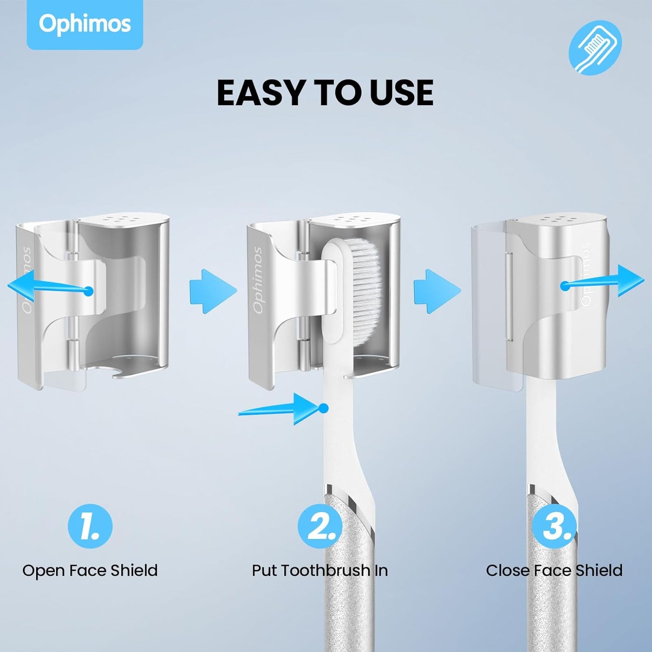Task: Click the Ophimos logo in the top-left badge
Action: [85, 24]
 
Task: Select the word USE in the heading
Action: [401, 93]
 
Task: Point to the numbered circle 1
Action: [90, 526]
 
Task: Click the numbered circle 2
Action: [319, 526]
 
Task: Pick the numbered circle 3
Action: [554, 526]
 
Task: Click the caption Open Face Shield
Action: [90, 570]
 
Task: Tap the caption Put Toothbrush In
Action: [319, 570]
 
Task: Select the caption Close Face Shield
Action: [554, 570]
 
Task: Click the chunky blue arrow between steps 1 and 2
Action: [213, 291]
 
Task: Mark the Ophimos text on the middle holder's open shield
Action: [258, 280]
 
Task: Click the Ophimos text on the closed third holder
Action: [586, 275]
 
